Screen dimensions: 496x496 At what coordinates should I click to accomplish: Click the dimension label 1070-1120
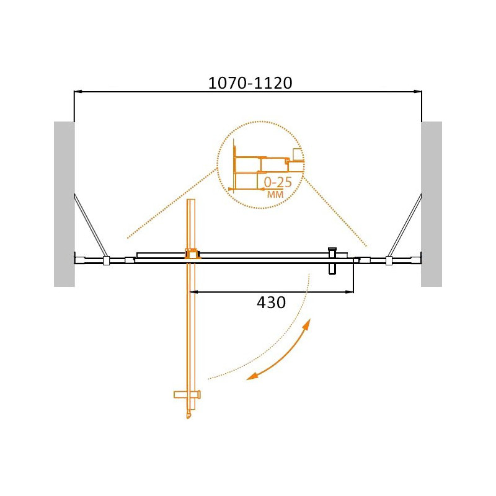pos(250,83)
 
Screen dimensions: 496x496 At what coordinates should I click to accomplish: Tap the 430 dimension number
pos(271,303)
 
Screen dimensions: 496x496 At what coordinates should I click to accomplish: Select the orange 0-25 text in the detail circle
pos(278,182)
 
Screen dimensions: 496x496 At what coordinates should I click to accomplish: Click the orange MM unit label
pos(275,194)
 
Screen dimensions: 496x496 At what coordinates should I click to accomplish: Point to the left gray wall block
pos(64,205)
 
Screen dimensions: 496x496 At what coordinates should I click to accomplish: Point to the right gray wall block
pos(431,205)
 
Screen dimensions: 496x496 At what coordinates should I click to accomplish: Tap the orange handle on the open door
pos(187,394)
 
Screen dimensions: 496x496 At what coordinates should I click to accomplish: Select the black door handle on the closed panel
pos(332,261)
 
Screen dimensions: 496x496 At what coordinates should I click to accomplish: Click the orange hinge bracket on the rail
pos(193,254)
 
